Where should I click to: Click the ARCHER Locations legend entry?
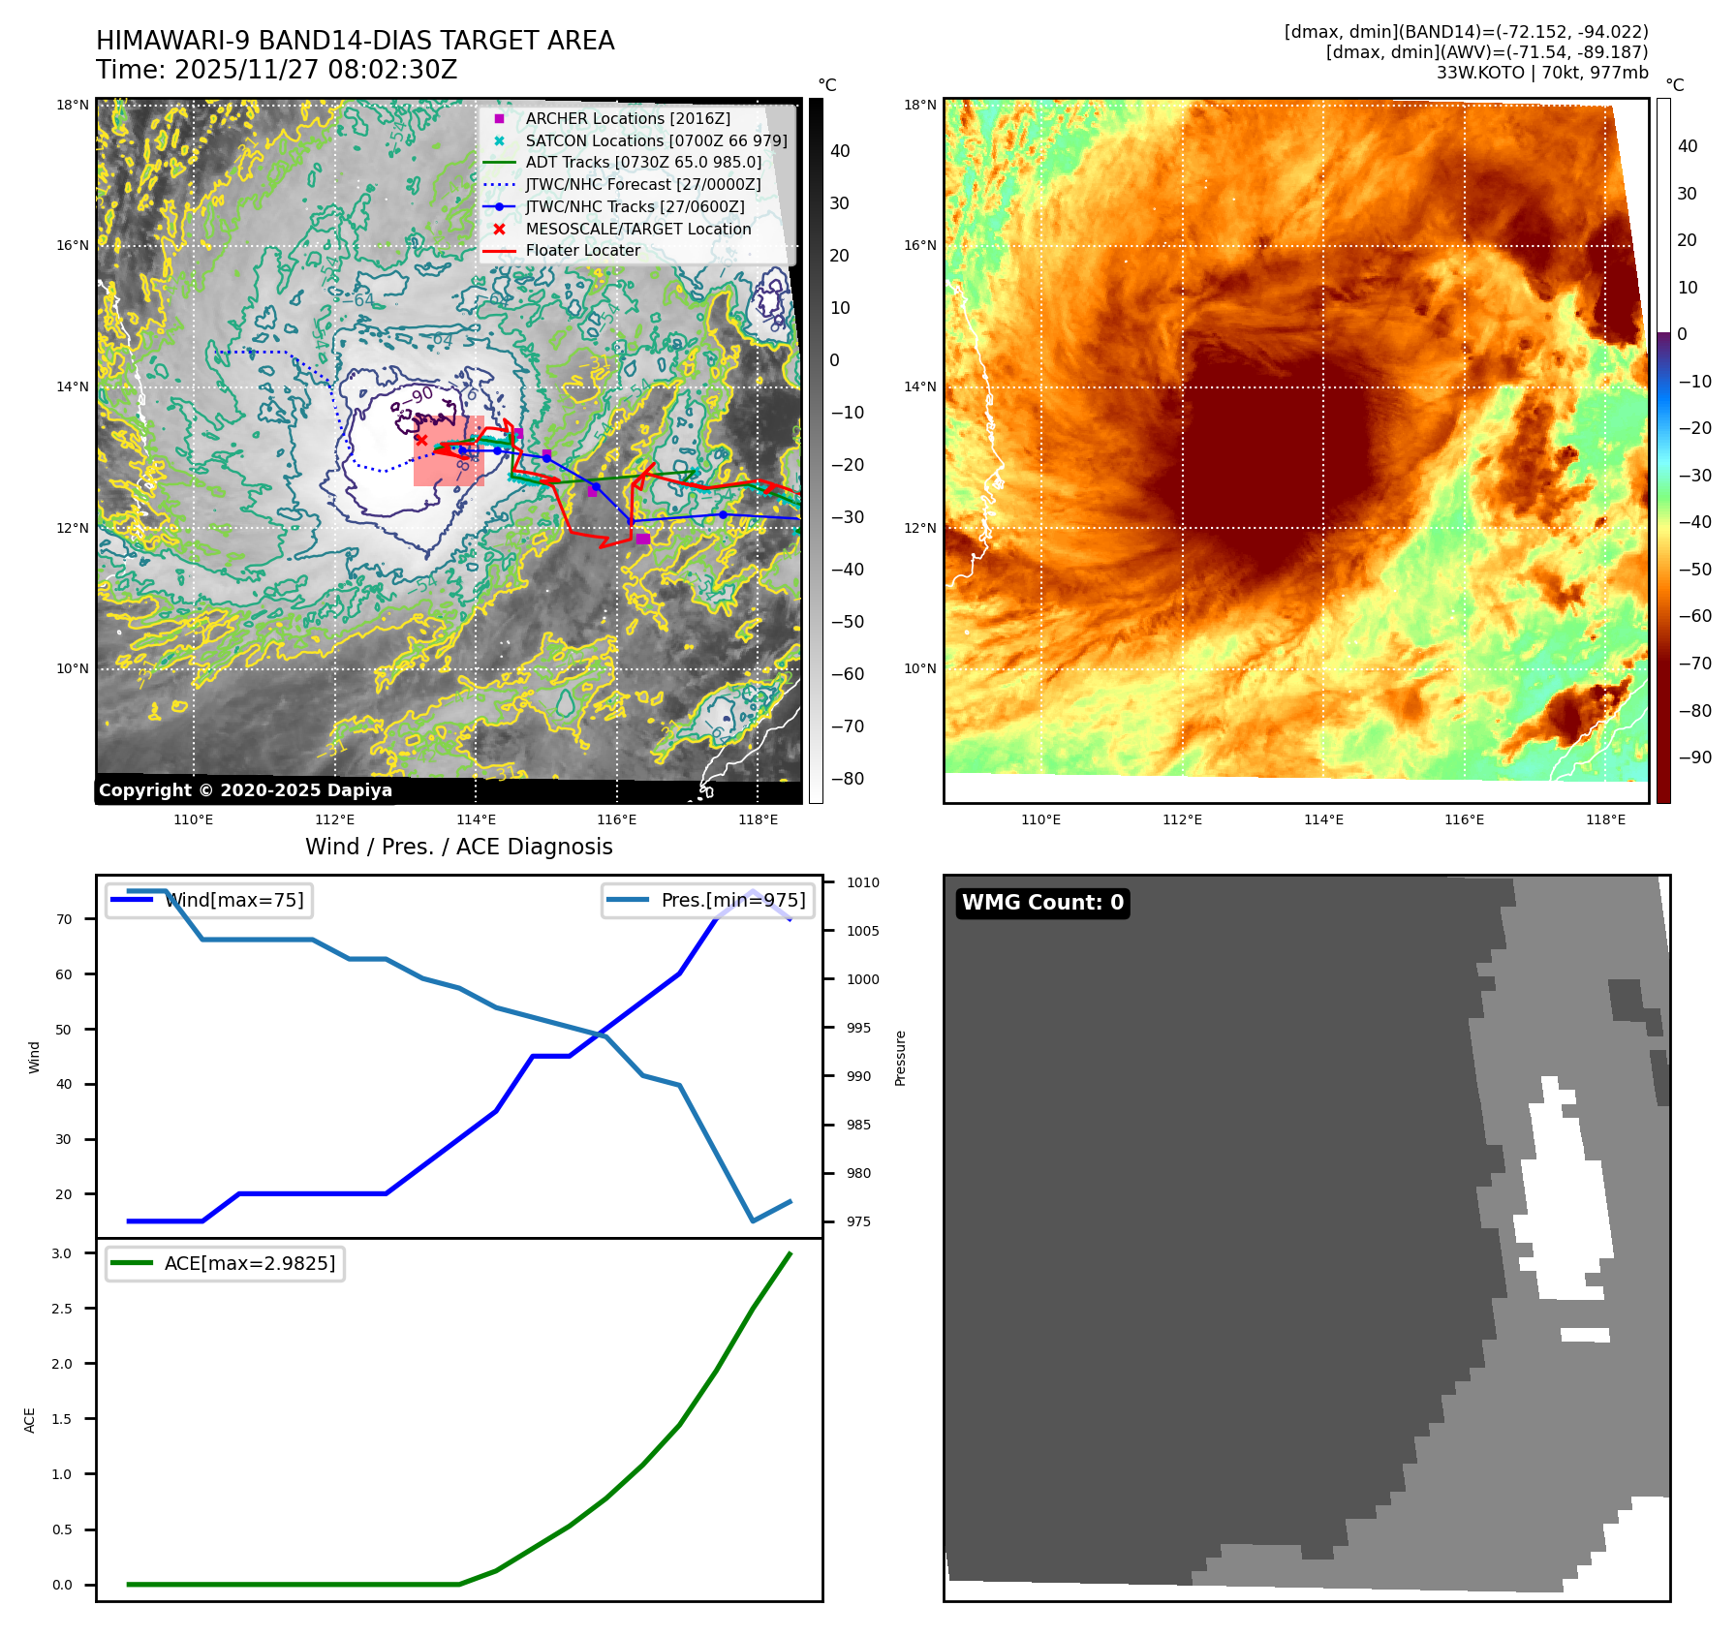(x=628, y=118)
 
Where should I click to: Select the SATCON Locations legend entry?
(x=656, y=140)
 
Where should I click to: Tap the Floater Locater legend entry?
(x=582, y=250)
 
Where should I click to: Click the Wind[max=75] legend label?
(x=234, y=900)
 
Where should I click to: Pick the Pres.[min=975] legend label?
(x=732, y=900)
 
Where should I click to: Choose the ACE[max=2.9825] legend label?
(x=250, y=1263)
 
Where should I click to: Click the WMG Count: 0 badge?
(x=1042, y=903)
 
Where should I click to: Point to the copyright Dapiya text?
(x=245, y=790)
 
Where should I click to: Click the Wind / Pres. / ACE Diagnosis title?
(x=458, y=847)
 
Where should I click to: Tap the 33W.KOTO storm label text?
(x=1541, y=73)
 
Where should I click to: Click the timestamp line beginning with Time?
(x=276, y=70)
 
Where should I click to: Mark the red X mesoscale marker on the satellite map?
(x=421, y=440)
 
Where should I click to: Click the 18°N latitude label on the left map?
(x=73, y=105)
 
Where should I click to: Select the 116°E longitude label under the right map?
(x=1464, y=819)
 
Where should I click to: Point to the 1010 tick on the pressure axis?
(x=862, y=882)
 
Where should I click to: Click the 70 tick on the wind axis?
(x=64, y=919)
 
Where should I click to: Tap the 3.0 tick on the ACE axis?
(x=62, y=1253)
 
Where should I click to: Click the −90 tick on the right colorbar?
(x=1694, y=757)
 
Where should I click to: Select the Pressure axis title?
(x=900, y=1058)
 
